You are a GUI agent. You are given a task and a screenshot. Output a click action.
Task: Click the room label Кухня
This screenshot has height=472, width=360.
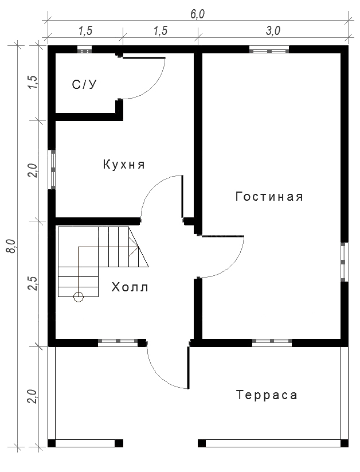coord(124,165)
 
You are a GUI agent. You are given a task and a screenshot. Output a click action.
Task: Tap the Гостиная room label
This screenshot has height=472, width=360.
coord(269,197)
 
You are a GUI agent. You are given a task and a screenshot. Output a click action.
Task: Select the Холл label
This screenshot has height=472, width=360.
coord(130,287)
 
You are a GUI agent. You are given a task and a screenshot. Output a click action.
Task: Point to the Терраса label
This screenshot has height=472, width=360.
coord(267,395)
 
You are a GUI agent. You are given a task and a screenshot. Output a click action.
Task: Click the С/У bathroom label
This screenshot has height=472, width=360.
coord(85,84)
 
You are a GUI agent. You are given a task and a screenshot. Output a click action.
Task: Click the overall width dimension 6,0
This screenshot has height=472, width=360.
coord(197,14)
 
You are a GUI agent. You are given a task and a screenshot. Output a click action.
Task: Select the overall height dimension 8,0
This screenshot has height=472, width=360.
coord(12,246)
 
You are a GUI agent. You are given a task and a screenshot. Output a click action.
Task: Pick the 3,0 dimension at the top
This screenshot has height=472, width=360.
coord(273,31)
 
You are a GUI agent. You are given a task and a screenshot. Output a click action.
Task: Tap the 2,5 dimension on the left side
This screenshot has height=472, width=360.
coord(33,283)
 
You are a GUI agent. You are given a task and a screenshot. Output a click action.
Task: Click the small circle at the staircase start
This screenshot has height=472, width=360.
coord(79,297)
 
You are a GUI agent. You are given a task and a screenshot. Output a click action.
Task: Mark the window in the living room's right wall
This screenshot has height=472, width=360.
coord(344,262)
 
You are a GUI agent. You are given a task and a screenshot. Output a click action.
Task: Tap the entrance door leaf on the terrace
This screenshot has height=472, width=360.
coord(189,368)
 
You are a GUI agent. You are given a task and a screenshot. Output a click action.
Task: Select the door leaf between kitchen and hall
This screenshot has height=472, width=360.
coord(182,197)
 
